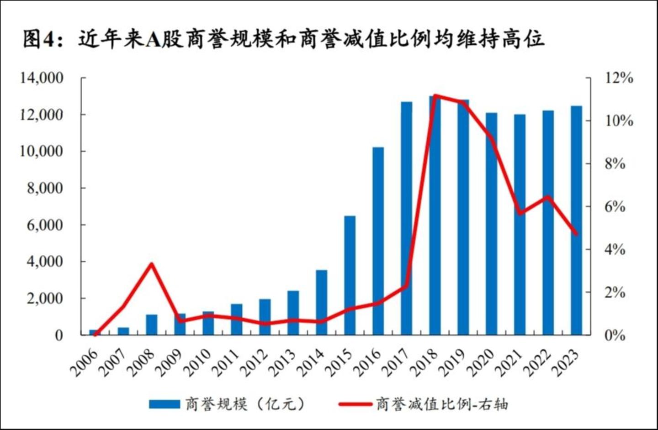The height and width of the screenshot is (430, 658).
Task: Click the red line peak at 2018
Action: (435, 96)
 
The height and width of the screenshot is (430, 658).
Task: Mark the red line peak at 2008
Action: (152, 264)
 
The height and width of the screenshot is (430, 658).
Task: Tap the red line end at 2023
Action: (576, 234)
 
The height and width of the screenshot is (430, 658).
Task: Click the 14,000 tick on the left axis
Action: (42, 78)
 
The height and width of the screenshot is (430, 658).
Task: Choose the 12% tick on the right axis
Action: (619, 78)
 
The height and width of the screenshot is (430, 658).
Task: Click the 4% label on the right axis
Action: (615, 249)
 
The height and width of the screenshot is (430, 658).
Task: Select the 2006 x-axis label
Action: (85, 363)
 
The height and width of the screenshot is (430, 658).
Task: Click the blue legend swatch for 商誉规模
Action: (164, 404)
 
